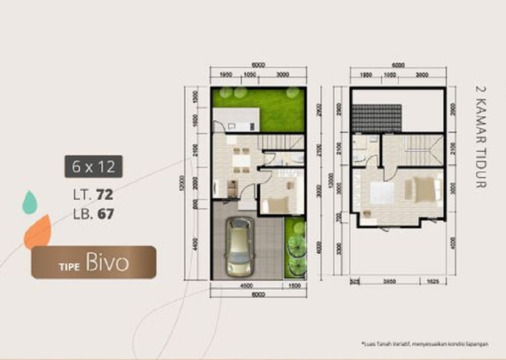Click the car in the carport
pos(240,247)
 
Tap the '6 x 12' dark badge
pos(93,166)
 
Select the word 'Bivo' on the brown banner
pos(107,263)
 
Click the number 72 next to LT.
pos(105,195)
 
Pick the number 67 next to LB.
pos(105,213)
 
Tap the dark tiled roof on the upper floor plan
pos(377,118)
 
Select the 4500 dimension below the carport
pos(245,285)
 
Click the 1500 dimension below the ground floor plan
pos(294,285)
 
